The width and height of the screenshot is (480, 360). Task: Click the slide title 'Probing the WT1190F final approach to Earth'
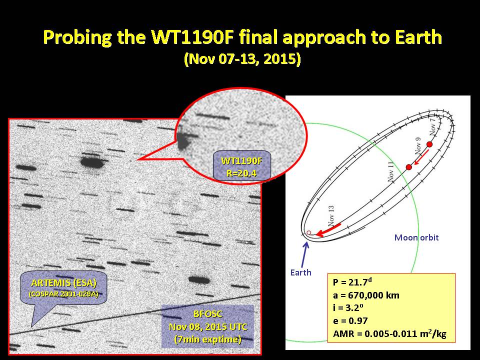[242, 37]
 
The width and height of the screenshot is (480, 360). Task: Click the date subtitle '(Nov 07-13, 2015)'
[242, 59]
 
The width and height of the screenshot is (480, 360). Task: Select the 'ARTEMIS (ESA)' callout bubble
[64, 288]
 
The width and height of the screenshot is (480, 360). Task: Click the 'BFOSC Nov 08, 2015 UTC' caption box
[208, 326]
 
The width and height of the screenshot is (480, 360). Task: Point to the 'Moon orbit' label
[416, 237]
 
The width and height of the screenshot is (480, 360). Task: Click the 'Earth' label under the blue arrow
[300, 272]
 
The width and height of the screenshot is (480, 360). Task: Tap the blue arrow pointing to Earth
[305, 254]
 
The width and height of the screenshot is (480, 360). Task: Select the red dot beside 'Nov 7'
[429, 144]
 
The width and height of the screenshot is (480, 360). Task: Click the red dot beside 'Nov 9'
[408, 167]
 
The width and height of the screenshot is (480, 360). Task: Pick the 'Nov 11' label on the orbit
[391, 172]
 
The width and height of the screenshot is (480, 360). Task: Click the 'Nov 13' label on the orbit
[331, 216]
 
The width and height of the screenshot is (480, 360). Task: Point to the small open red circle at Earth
[309, 233]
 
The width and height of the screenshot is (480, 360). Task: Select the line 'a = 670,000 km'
[366, 295]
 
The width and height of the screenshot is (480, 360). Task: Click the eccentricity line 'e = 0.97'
[350, 321]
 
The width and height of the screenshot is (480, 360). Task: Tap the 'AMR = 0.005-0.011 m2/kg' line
[389, 333]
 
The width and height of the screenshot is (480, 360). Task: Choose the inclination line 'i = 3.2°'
[348, 307]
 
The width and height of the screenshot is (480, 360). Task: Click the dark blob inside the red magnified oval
[183, 141]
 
